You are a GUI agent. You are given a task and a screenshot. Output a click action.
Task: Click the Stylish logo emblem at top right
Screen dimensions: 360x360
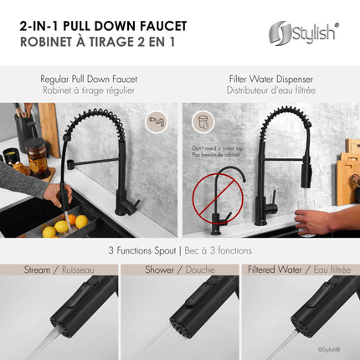[280, 33]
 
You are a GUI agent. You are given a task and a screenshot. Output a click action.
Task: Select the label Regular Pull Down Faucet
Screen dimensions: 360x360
[89, 79]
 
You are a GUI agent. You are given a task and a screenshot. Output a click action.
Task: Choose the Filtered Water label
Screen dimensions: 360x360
[272, 270]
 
